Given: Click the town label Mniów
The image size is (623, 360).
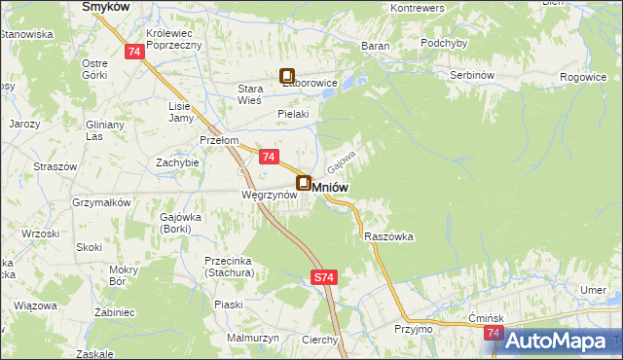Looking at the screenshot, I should [332, 185].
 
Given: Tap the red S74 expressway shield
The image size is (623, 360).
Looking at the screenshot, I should [325, 277].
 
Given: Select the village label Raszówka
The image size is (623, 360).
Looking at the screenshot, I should [389, 236].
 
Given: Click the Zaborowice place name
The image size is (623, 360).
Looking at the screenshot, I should [309, 84].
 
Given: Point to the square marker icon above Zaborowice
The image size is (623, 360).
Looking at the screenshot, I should [288, 74].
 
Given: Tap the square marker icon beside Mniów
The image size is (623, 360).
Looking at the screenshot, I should [304, 183].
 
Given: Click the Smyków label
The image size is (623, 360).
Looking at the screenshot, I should [107, 6].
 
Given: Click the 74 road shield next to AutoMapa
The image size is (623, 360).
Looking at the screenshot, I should [494, 334].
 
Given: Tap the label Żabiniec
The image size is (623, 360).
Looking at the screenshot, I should [113, 314].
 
